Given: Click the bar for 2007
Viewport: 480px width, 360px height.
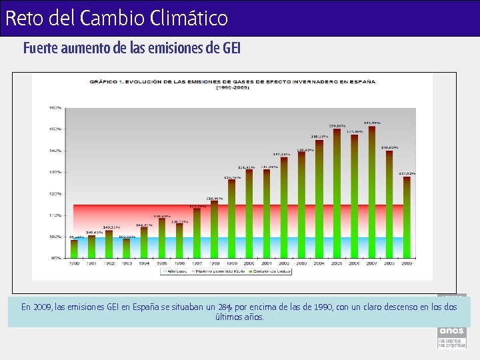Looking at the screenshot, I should [x=371, y=193].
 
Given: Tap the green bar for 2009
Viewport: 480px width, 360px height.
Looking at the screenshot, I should [x=407, y=217].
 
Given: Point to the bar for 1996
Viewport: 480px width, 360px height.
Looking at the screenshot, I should [x=179, y=241].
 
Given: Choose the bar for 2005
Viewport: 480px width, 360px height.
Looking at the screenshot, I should [x=337, y=194].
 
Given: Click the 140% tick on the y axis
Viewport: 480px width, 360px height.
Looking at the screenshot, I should [x=55, y=151].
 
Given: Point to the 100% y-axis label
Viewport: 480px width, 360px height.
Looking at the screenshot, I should [x=55, y=237].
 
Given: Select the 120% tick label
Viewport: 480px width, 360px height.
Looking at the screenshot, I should [x=55, y=194].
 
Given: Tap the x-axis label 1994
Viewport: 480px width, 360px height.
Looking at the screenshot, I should [x=144, y=263].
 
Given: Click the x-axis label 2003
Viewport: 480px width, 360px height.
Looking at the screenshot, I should [x=301, y=263].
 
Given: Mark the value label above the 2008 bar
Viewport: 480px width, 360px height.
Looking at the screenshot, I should [x=389, y=147].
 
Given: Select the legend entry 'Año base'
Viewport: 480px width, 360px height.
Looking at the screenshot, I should [x=174, y=272].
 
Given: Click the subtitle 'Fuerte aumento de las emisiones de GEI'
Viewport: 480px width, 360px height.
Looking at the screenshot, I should [x=131, y=49].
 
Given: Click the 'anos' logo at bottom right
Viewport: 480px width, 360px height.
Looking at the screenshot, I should [x=451, y=331].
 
